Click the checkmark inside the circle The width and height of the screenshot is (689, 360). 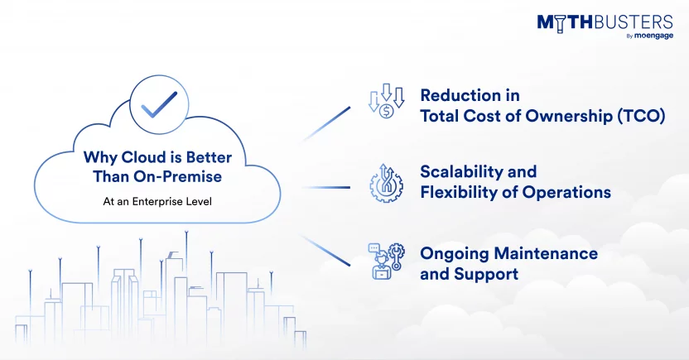coord(159,105)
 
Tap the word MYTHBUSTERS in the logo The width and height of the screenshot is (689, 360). coord(605,23)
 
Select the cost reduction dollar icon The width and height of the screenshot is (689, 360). coord(386,101)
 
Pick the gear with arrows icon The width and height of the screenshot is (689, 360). coord(386,184)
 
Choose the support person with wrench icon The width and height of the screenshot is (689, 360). coord(386,262)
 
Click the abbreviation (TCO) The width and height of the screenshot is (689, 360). coord(641,117)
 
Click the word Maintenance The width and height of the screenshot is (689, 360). coord(546,253)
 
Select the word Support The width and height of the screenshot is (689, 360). coord(486,275)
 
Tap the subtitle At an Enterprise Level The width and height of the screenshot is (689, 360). coord(157,201)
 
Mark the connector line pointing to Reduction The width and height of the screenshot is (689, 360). coord(326,123)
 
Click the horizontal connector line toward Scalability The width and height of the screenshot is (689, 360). coord(326,188)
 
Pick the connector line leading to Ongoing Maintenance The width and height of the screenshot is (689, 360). coord(325,250)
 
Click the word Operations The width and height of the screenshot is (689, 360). coord(566,193)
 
